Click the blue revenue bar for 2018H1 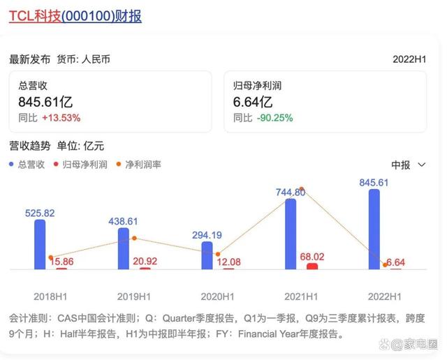pyautogui.click(x=40, y=244)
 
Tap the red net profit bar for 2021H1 pyautogui.click(x=312, y=267)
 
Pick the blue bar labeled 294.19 pyautogui.click(x=207, y=255)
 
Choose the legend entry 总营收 pyautogui.click(x=27, y=165)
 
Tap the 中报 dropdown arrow pyautogui.click(x=421, y=165)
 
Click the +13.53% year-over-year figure pyautogui.click(x=61, y=118)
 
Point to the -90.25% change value pyautogui.click(x=274, y=118)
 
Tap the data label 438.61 pyautogui.click(x=123, y=221)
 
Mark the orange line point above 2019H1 pyautogui.click(x=134, y=239)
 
